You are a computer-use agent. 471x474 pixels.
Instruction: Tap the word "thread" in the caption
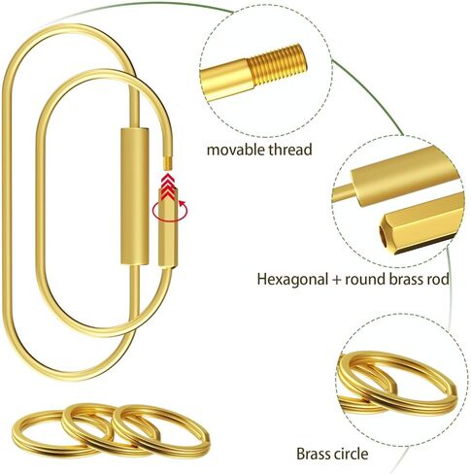click(290, 150)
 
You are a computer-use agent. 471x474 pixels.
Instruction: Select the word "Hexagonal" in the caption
click(292, 279)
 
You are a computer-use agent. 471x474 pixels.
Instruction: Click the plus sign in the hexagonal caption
click(336, 280)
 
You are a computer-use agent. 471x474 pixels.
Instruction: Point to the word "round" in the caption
click(365, 279)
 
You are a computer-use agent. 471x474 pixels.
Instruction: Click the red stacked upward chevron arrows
click(168, 186)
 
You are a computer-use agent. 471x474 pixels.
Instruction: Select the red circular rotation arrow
click(170, 211)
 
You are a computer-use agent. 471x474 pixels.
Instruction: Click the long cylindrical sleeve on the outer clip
click(135, 196)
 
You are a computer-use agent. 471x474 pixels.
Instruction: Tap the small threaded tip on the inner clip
click(168, 162)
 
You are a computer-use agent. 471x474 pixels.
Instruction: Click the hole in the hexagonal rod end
click(385, 235)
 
